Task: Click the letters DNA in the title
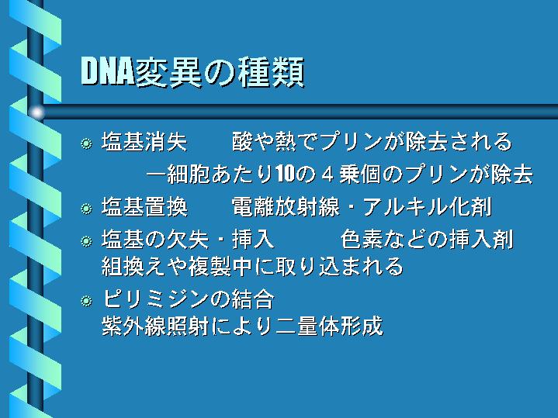[x=107, y=71]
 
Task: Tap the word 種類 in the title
[x=271, y=72]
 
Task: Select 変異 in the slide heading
[x=168, y=72]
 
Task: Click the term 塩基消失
[x=144, y=142]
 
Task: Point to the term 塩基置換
[x=144, y=207]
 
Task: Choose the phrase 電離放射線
[x=286, y=207]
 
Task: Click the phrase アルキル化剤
[x=428, y=207]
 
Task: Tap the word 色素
[x=362, y=239]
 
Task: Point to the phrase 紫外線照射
[x=155, y=326]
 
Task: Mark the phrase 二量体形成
[x=329, y=326]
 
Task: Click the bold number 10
[x=285, y=174]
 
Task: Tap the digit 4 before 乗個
[x=327, y=174]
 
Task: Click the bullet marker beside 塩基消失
[x=86, y=143]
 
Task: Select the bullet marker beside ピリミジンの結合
[x=86, y=302]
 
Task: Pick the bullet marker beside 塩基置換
[x=86, y=209]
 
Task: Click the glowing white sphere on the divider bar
[x=36, y=112]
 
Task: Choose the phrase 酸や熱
[x=264, y=142]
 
